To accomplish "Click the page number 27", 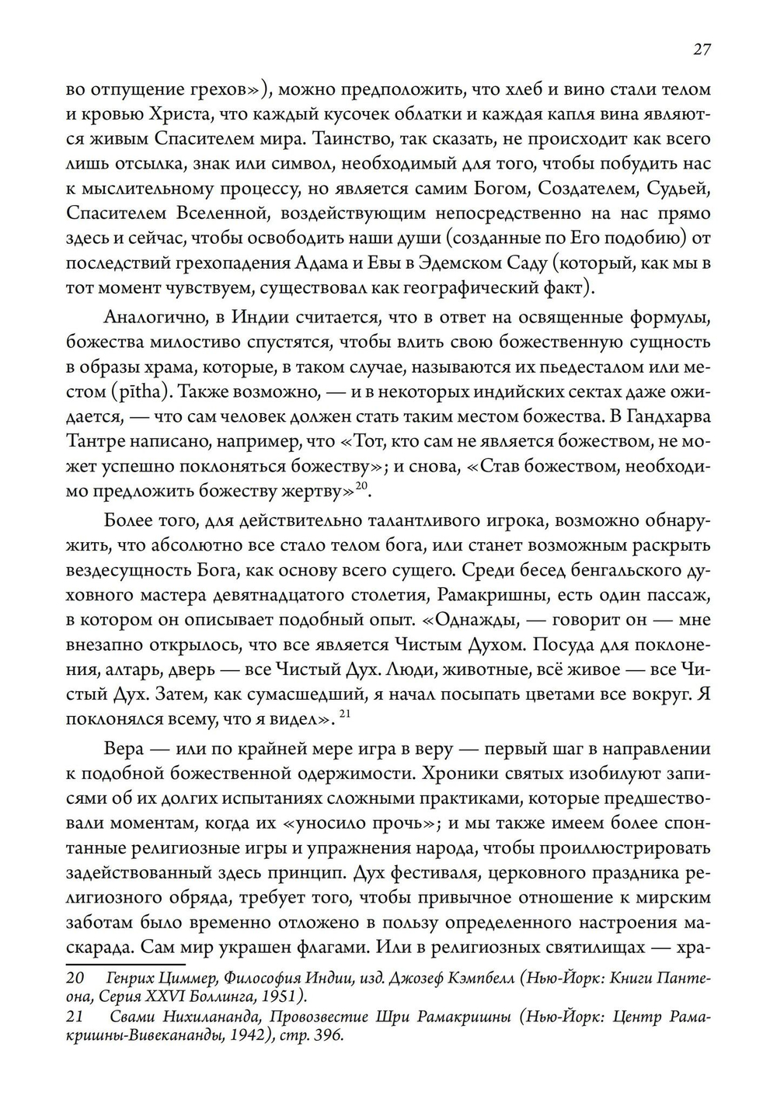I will click(x=702, y=50).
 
